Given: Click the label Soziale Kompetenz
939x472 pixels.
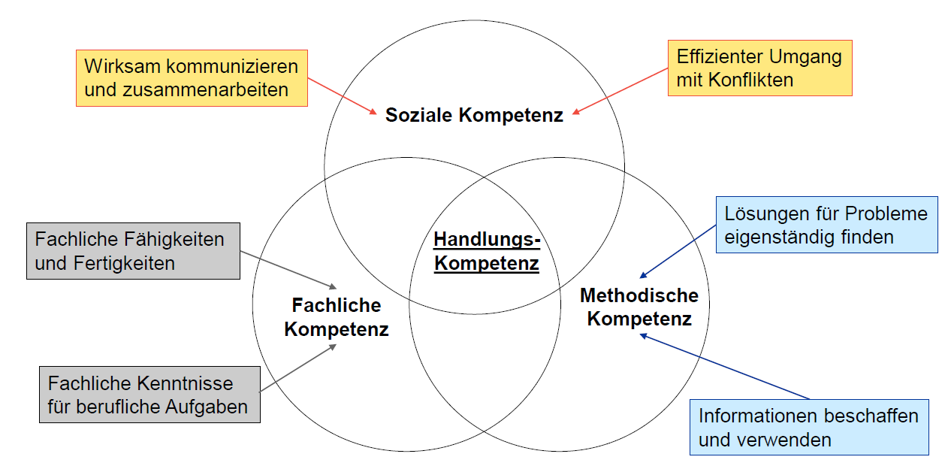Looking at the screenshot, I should pyautogui.click(x=474, y=116).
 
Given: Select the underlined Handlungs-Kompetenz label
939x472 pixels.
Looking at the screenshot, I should pyautogui.click(x=487, y=252).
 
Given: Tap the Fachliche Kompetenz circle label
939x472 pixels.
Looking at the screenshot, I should pyautogui.click(x=337, y=317).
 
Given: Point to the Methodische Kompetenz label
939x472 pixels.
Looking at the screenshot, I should pyautogui.click(x=639, y=307).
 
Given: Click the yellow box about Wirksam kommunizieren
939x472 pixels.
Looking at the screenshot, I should pyautogui.click(x=192, y=77).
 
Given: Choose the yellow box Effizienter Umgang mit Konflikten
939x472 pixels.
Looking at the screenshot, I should pyautogui.click(x=759, y=68).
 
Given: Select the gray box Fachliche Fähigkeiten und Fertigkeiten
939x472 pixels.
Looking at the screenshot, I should pyautogui.click(x=133, y=251).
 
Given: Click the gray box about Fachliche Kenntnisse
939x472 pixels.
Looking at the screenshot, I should pyautogui.click(x=149, y=395).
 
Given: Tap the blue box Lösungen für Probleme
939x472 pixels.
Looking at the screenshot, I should pyautogui.click(x=826, y=225).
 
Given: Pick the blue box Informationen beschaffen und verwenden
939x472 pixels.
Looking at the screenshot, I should pyautogui.click(x=808, y=427).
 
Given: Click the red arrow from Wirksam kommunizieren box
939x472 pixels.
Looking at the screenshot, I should pyautogui.click(x=342, y=95).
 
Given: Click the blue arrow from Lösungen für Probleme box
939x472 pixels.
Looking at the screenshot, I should pyautogui.click(x=678, y=251).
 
